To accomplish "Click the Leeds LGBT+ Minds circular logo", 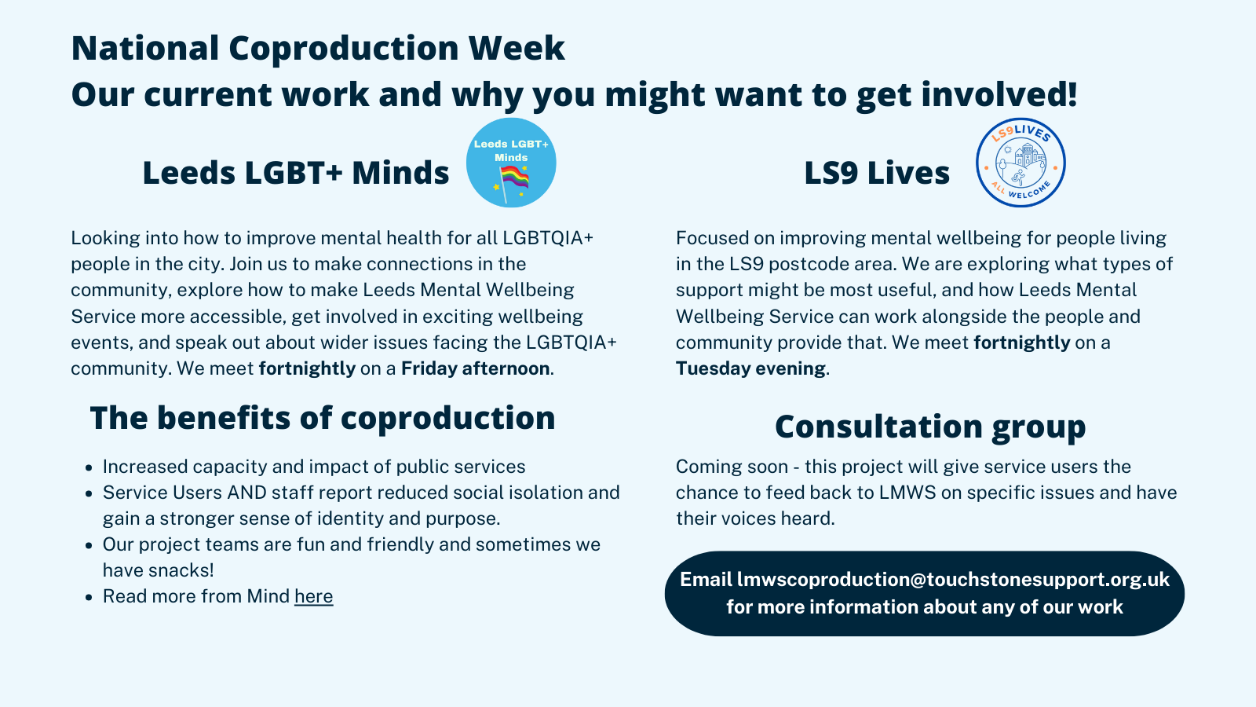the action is coord(511,163).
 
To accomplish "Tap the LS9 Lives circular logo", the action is coord(1020,163).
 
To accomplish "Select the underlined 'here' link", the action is coord(313,596).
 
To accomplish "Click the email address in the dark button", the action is coord(953,579).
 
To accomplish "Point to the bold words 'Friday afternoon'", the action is coord(476,368).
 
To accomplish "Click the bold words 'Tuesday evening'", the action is coord(750,368).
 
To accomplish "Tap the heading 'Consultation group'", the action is coord(930,427).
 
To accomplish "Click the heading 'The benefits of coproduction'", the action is coord(323,418).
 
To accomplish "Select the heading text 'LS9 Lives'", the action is coord(877,172).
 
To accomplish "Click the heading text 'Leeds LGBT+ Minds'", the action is coord(295,172).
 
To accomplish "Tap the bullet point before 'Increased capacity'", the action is coord(89,467).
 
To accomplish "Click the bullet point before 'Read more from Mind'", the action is coord(89,597).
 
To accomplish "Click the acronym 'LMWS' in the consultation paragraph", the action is coord(907,493).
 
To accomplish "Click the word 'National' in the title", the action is coord(145,48).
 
